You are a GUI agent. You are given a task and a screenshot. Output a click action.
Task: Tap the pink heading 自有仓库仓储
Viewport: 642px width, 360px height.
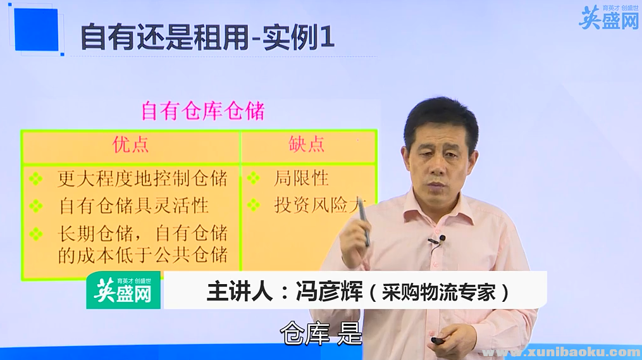coord(202,111)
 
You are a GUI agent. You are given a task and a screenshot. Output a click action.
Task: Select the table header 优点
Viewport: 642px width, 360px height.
coord(131,145)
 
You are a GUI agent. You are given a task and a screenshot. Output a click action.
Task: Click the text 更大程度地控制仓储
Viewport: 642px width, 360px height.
coord(142,178)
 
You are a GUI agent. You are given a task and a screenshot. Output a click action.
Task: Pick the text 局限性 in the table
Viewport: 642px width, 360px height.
coord(301,178)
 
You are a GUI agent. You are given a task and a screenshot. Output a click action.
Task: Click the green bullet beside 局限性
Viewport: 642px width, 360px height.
coord(254,178)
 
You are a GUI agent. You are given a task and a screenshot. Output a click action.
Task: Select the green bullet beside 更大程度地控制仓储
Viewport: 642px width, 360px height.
coord(36,178)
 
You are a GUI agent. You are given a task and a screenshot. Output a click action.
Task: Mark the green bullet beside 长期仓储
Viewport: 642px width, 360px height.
coord(36,233)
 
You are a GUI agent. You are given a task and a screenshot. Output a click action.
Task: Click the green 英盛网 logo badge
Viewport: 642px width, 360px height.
coord(123,290)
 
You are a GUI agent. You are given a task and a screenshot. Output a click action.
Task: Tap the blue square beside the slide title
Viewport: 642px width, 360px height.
coord(36,30)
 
